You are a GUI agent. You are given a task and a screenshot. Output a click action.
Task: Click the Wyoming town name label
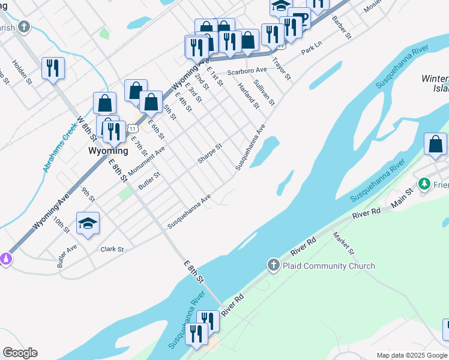coord(108,151)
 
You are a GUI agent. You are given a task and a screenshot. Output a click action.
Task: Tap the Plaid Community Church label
coord(330,266)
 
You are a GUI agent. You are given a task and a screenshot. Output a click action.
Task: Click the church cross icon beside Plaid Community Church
coord(273,265)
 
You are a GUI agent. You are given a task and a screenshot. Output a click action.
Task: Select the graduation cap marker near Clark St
coord(88,224)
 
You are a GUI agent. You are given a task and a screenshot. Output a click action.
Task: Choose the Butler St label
coord(149,181)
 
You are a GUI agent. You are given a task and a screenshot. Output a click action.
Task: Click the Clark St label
coord(112,249)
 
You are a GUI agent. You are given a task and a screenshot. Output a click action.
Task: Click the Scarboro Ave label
coord(246,71)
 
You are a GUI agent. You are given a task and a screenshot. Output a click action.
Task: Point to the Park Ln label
coord(312,49)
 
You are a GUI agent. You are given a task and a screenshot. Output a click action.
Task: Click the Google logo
coord(20,353)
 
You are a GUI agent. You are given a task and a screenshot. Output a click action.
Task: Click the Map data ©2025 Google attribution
coord(412,355)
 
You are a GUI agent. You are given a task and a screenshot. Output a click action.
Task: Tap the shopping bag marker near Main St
coord(435,144)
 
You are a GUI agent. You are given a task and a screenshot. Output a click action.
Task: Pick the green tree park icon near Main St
coord(424,183)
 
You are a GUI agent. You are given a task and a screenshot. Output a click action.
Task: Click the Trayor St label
coord(280,68)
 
